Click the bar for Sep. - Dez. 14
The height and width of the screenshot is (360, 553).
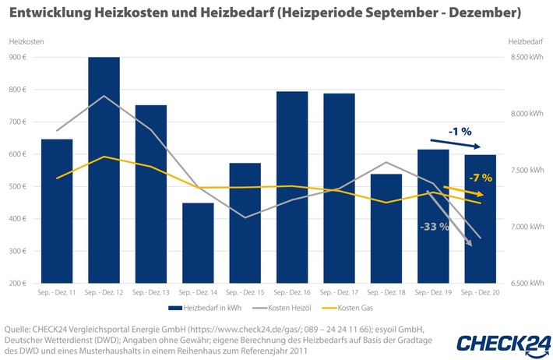(x=198, y=242)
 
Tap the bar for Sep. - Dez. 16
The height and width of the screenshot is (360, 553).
(x=292, y=187)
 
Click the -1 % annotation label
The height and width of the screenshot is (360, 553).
(x=461, y=132)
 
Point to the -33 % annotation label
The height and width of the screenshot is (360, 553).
(x=434, y=228)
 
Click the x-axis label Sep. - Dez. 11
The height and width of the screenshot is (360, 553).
(x=57, y=291)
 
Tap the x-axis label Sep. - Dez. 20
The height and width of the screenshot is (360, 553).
(x=481, y=291)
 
